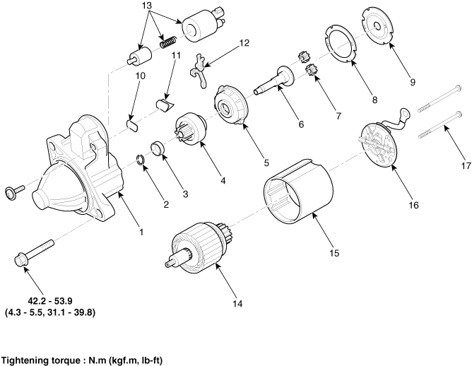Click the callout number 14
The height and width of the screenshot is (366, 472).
pos(237,303)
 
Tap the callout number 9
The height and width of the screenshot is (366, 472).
pos(413,82)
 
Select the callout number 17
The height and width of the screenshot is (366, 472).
pos(466,165)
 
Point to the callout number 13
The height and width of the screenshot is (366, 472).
pos(146,5)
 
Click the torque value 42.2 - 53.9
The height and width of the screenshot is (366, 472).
pos(50,300)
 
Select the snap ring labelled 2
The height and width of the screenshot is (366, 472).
pos(140,159)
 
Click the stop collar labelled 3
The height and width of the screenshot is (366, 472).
pos(158,149)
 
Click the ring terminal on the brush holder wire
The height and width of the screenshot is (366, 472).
pos(403,114)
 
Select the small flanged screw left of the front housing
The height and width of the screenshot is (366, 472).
pos(14,191)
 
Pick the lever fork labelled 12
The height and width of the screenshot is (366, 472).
pos(199,71)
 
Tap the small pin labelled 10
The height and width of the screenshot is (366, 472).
pos(131,126)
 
